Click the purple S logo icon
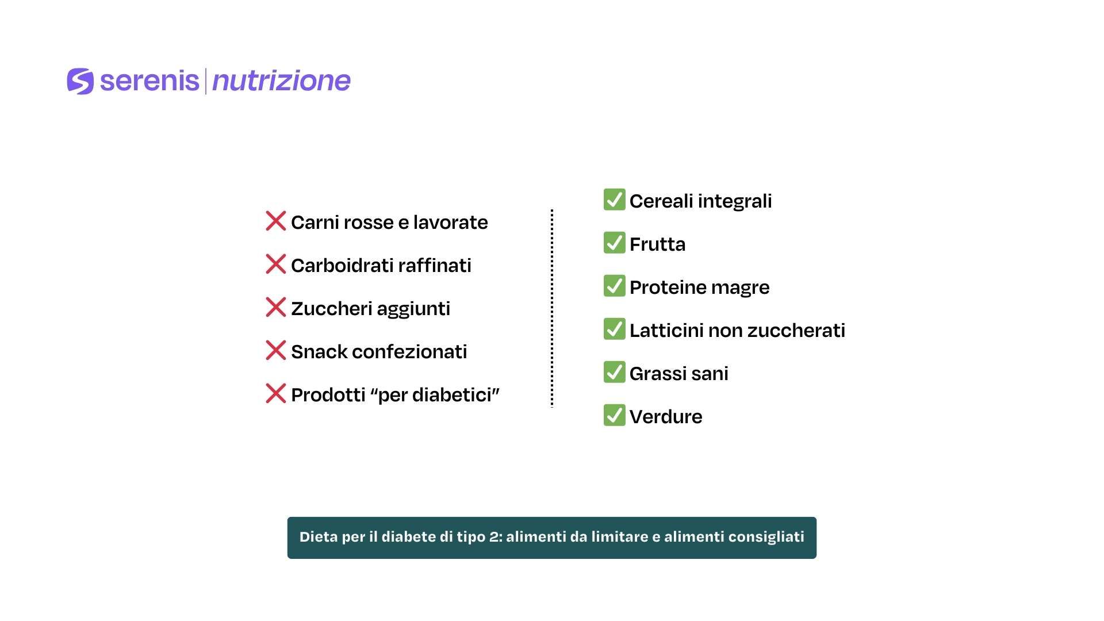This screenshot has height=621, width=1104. [x=80, y=81]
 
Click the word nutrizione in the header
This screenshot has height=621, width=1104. [x=281, y=80]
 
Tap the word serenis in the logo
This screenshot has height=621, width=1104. [x=149, y=80]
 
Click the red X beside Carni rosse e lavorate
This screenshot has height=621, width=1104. [x=276, y=221]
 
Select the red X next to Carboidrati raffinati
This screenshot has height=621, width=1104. [x=276, y=264]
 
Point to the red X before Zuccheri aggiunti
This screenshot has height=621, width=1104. [x=276, y=307]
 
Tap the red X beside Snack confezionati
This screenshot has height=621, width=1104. [x=276, y=350]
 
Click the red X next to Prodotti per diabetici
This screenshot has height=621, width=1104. [x=276, y=393]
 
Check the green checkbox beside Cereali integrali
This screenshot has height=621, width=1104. [x=614, y=200]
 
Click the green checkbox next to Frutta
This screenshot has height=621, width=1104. [x=614, y=243]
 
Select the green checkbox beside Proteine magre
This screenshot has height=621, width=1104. [x=614, y=286]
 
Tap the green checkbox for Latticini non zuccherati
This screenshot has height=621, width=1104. [x=614, y=329]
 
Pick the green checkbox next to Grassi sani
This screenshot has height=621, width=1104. [x=614, y=372]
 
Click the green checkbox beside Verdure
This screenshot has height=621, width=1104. [x=614, y=415]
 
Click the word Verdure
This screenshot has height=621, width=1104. [x=666, y=417]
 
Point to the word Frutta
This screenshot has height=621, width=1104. [x=658, y=244]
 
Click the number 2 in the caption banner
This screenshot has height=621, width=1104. [x=494, y=537]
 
